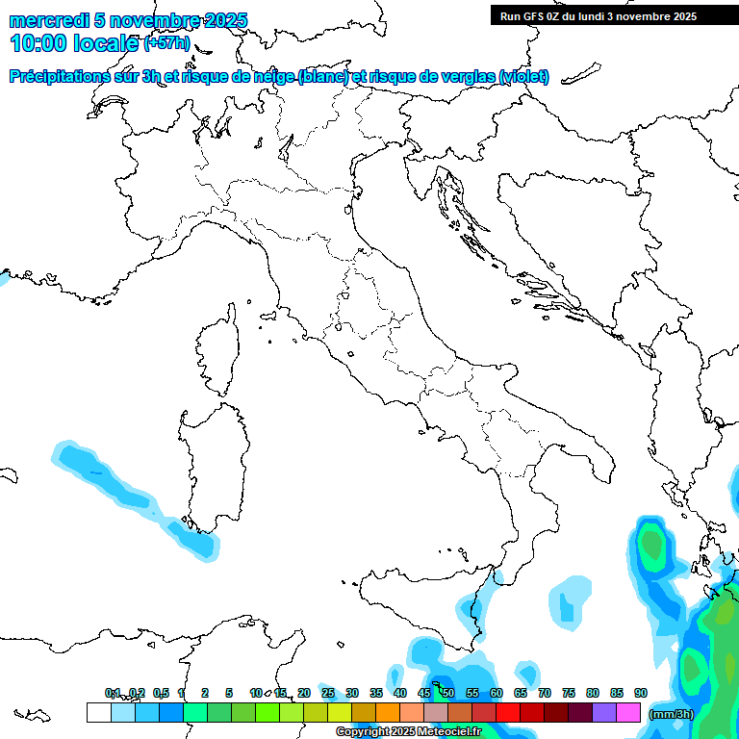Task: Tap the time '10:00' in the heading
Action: point(41,43)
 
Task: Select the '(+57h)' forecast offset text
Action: point(166,43)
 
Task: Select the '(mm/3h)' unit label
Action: point(672,714)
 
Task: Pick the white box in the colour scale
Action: point(98,713)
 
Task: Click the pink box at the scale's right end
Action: point(629,713)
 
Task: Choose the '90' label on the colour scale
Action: point(641,693)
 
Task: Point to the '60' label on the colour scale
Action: point(497,693)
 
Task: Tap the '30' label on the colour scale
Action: point(352,693)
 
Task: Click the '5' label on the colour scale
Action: point(229,693)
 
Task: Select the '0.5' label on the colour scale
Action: point(161,693)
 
